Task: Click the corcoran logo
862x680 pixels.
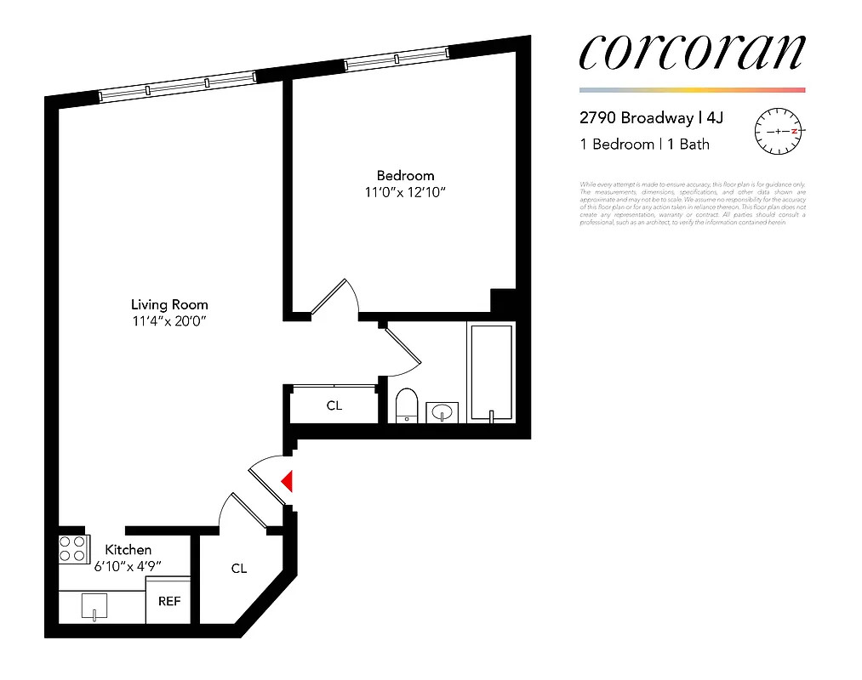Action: tap(691, 53)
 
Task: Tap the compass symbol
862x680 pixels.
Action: tap(779, 132)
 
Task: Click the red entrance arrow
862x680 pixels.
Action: tap(288, 482)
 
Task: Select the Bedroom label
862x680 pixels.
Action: tap(405, 176)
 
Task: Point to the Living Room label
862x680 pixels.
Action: tap(169, 304)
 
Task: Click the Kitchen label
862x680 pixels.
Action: tap(128, 550)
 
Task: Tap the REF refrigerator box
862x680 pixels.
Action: tap(169, 600)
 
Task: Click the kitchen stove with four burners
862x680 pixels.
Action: tap(73, 549)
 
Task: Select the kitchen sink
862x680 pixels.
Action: tap(94, 608)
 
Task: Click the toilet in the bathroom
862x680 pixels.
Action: tap(407, 405)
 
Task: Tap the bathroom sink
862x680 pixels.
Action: tap(442, 412)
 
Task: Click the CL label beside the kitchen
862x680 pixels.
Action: tap(238, 568)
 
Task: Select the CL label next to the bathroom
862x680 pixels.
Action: tap(334, 405)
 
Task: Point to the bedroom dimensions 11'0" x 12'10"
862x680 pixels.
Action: tap(405, 192)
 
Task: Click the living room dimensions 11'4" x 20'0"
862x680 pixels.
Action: tap(169, 320)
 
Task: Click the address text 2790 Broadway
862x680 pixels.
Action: tap(637, 118)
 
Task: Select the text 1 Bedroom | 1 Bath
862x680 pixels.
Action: tap(644, 144)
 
